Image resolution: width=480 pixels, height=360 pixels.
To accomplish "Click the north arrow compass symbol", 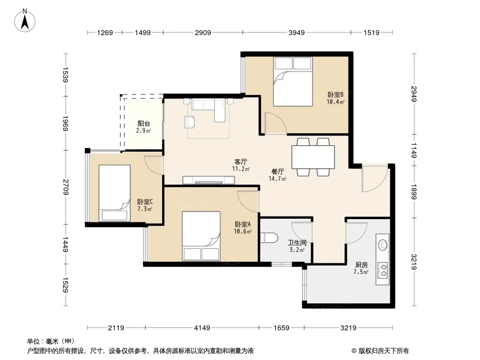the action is (x=25, y=21).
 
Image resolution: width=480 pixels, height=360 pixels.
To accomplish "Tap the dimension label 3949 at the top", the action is (x=297, y=32).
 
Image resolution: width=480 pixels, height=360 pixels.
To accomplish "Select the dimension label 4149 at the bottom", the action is (x=202, y=328).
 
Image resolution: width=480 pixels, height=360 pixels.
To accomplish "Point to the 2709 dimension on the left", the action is (x=65, y=187).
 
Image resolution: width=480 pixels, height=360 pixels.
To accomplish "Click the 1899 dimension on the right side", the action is (x=413, y=192).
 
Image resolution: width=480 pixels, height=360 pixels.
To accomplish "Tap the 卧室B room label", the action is (x=335, y=94).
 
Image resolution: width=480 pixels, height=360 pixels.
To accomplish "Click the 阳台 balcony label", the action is (x=144, y=124).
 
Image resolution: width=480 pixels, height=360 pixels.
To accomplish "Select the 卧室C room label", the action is (x=145, y=202).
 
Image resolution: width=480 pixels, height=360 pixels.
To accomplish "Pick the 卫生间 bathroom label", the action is (x=297, y=243).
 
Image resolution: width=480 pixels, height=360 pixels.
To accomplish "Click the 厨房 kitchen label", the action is (x=361, y=265).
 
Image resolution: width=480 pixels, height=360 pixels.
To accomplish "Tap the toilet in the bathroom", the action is (x=269, y=238).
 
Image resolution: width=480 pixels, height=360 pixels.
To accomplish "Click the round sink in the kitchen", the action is (x=383, y=245).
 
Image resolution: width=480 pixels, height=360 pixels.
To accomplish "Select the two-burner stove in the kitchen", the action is (x=383, y=271).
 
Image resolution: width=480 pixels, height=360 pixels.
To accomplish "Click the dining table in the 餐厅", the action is (x=313, y=157).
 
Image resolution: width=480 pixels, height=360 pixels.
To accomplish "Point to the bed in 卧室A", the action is (x=201, y=236).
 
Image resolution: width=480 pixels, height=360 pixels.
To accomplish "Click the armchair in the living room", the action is (x=190, y=122).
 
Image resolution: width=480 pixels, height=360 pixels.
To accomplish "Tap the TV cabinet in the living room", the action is (x=209, y=180).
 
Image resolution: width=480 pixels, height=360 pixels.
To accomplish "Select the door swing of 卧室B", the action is (x=276, y=123).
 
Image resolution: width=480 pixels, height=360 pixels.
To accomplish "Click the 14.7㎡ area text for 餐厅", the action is (x=277, y=179).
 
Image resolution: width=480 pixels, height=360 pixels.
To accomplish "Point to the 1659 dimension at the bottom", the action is (x=281, y=328).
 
